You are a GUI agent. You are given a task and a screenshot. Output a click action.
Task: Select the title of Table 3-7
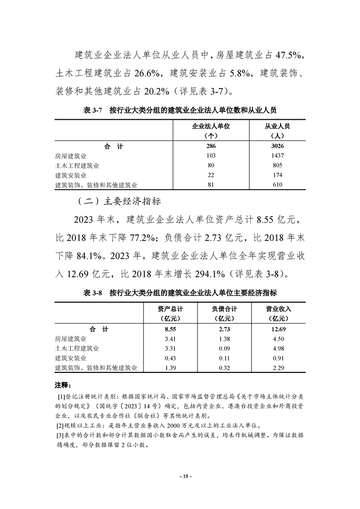(x=180, y=110)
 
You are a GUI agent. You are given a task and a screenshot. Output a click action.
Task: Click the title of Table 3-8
(x=180, y=293)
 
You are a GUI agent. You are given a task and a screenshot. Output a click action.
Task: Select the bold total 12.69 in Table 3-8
(x=278, y=329)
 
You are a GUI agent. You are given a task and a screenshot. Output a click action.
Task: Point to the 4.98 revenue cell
(x=278, y=348)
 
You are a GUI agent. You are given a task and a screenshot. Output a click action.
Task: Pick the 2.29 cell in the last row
(x=278, y=367)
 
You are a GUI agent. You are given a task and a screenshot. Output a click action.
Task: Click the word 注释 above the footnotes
(x=64, y=385)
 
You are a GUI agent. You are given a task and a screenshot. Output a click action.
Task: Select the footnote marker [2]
(x=60, y=425)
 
